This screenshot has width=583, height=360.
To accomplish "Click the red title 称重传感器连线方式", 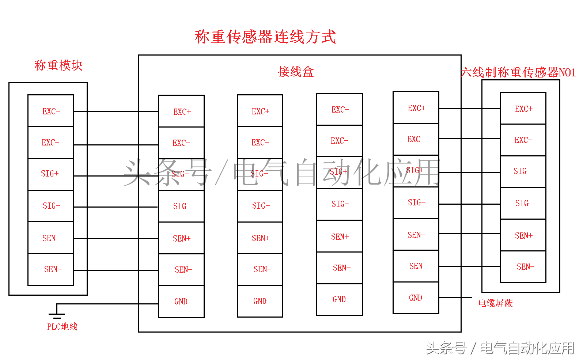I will pos(265,37).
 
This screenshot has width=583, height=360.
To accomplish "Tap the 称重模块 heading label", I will pos(58,65).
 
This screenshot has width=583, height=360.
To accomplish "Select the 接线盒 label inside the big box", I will pos(296,72).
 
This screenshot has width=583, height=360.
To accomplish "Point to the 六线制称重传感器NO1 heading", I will pos(518,72).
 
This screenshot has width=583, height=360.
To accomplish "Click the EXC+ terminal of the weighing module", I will pos(51,111).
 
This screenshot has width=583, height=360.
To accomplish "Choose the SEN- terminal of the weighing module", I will pos(51,269).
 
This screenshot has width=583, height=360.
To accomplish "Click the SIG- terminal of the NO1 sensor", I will pos(523,203).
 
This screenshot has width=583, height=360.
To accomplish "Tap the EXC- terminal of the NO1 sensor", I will pos(523,140).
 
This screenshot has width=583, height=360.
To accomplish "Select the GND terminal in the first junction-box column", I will pos(181,302).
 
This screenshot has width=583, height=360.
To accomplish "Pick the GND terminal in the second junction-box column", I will pos(260,301).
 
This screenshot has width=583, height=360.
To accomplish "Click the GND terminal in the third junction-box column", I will pos(339,299).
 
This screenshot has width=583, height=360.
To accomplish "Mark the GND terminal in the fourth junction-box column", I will pos(416,298).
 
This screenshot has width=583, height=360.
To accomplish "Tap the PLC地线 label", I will pos(62,326).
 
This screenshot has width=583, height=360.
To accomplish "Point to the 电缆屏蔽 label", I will pos(495,303).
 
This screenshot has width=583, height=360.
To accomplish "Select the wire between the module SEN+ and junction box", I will pos(116,239).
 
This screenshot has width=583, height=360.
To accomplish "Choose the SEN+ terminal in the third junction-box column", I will pos(340,236).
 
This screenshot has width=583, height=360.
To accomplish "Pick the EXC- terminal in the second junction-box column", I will pos(260,143).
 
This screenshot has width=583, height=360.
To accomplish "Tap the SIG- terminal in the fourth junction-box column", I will pos(416,202).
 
